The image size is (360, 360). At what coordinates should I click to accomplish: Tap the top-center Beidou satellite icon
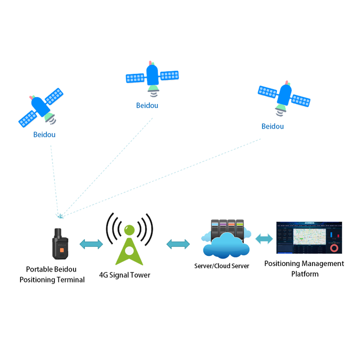point(152,76)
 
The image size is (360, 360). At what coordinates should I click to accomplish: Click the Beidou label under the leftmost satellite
point(44,134)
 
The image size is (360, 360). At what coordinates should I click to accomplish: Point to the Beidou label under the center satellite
point(147,105)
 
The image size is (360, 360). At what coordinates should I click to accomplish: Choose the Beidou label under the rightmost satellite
point(272,126)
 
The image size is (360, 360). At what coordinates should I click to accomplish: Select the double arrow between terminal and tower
point(91,243)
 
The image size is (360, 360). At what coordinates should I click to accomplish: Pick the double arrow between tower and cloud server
point(178,244)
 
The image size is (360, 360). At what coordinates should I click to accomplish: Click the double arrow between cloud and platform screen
point(264,238)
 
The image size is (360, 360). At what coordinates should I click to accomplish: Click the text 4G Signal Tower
point(124,275)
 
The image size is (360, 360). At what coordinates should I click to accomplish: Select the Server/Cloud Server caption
point(221,266)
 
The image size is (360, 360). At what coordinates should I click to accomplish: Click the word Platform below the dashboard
point(304,273)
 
